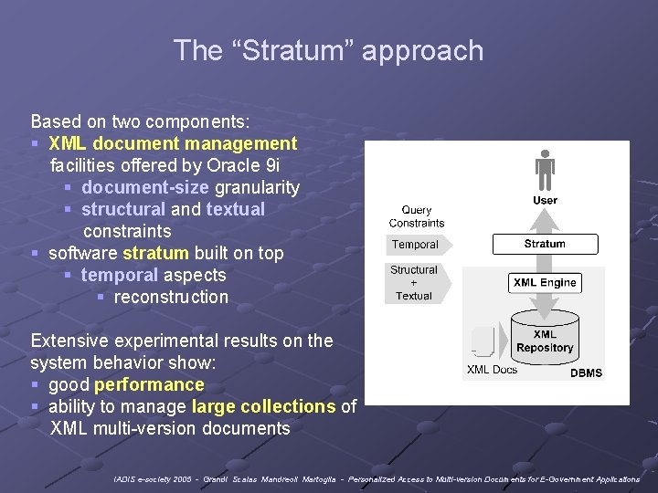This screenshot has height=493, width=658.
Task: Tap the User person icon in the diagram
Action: coord(545,170)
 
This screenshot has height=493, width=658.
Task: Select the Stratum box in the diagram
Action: coord(545,244)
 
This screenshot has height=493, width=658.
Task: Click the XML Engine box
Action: coord(545,283)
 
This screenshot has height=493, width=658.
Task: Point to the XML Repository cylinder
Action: coord(545,341)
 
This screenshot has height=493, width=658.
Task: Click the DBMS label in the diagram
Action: coord(586,372)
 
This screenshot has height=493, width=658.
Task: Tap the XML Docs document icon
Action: coord(484,343)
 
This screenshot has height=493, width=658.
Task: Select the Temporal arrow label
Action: coord(416,245)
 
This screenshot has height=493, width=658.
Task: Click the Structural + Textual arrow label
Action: coord(415,283)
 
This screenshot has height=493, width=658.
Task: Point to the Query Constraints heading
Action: coord(417,216)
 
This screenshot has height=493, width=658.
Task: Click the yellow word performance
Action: coord(149,384)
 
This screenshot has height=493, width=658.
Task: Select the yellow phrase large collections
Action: coord(263,406)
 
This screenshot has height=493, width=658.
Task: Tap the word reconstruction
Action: coord(171,297)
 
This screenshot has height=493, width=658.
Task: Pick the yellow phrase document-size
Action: coord(145,187)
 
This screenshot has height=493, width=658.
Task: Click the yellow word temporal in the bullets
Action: coord(119,275)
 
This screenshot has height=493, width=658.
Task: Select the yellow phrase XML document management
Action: coord(173,143)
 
